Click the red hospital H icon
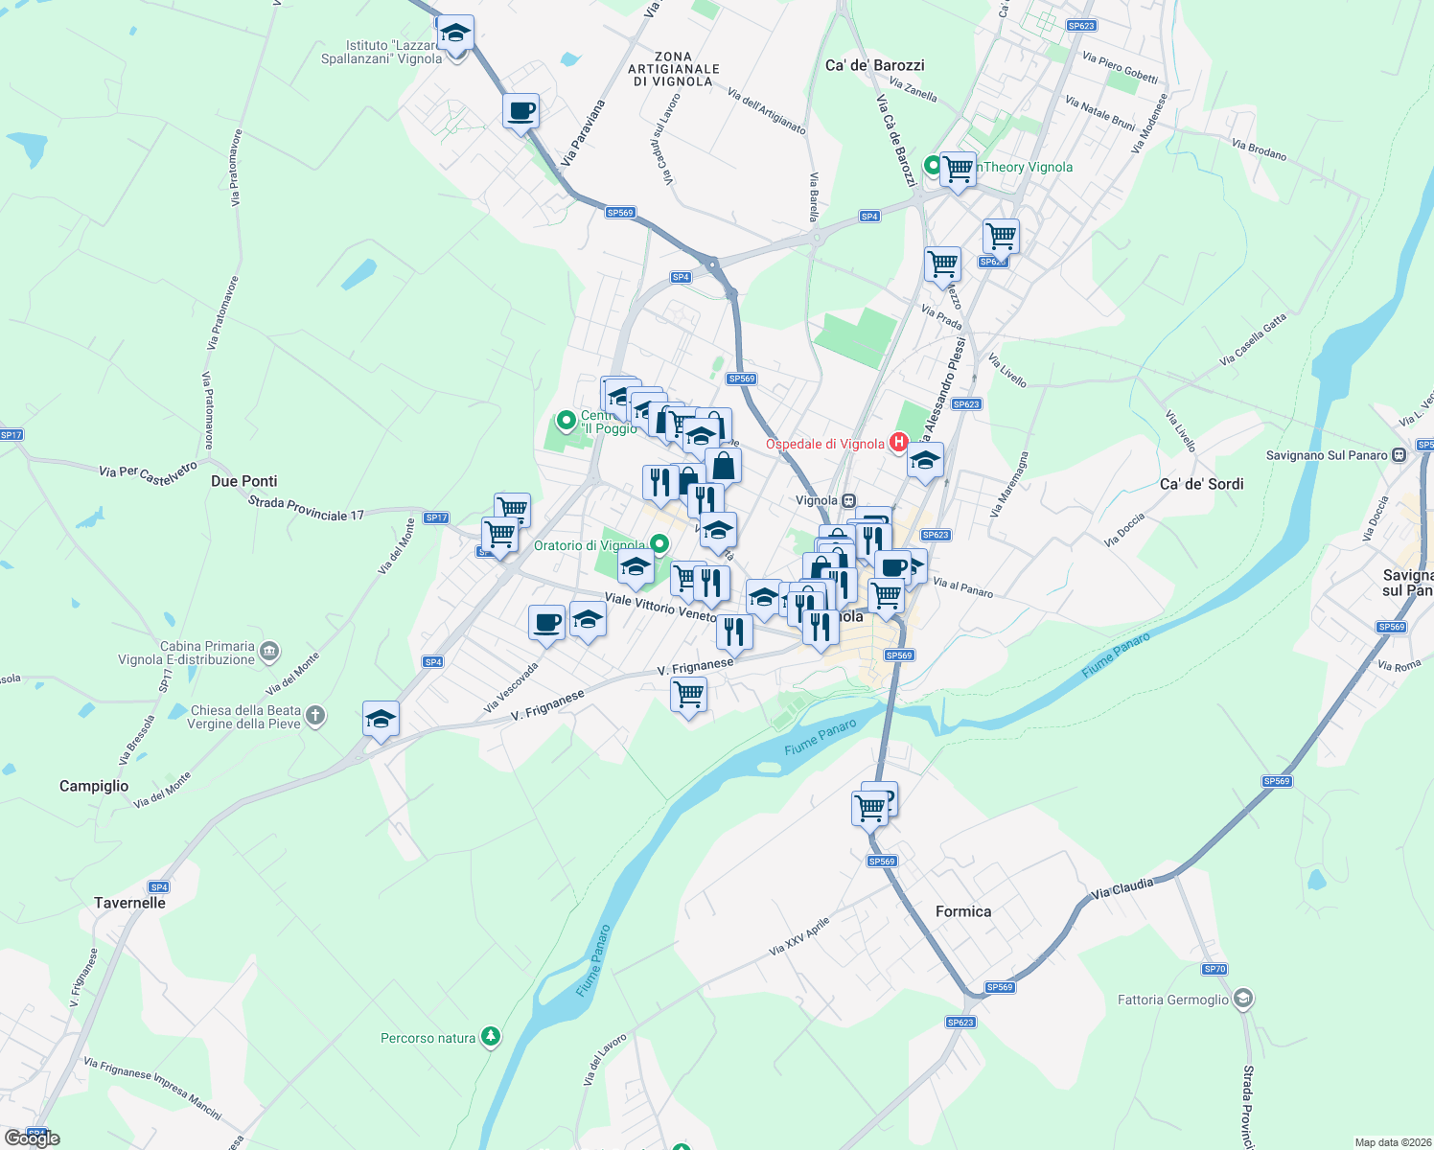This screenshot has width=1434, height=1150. pyautogui.click(x=899, y=442)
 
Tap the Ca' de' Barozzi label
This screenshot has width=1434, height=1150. pyautogui.click(x=874, y=65)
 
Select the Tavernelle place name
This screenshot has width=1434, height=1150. pyautogui.click(x=129, y=903)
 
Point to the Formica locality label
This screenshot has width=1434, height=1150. pyautogui.click(x=963, y=911)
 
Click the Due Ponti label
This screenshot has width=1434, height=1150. pyautogui.click(x=243, y=481)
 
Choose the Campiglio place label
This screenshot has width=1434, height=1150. pyautogui.click(x=94, y=786)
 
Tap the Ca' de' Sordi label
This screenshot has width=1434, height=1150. pyautogui.click(x=1201, y=484)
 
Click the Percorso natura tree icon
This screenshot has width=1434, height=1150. pyautogui.click(x=491, y=1036)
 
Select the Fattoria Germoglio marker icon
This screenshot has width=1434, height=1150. pyautogui.click(x=1243, y=1000)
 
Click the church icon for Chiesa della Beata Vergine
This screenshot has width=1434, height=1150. pyautogui.click(x=315, y=716)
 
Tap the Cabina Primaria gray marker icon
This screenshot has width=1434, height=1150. pyautogui.click(x=269, y=652)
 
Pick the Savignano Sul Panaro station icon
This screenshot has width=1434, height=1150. pyautogui.click(x=1399, y=454)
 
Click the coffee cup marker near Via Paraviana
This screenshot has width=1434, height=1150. pyautogui.click(x=520, y=111)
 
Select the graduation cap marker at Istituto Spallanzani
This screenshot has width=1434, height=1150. pyautogui.click(x=455, y=34)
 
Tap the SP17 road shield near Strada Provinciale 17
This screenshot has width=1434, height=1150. pyautogui.click(x=436, y=517)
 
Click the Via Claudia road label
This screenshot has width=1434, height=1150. pyautogui.click(x=1122, y=888)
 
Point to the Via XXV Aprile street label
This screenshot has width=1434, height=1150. pyautogui.click(x=798, y=935)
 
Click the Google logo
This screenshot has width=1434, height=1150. pyautogui.click(x=33, y=1138)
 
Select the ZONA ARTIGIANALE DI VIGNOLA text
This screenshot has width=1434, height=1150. pyautogui.click(x=673, y=69)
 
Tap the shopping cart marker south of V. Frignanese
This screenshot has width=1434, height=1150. pyautogui.click(x=688, y=694)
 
